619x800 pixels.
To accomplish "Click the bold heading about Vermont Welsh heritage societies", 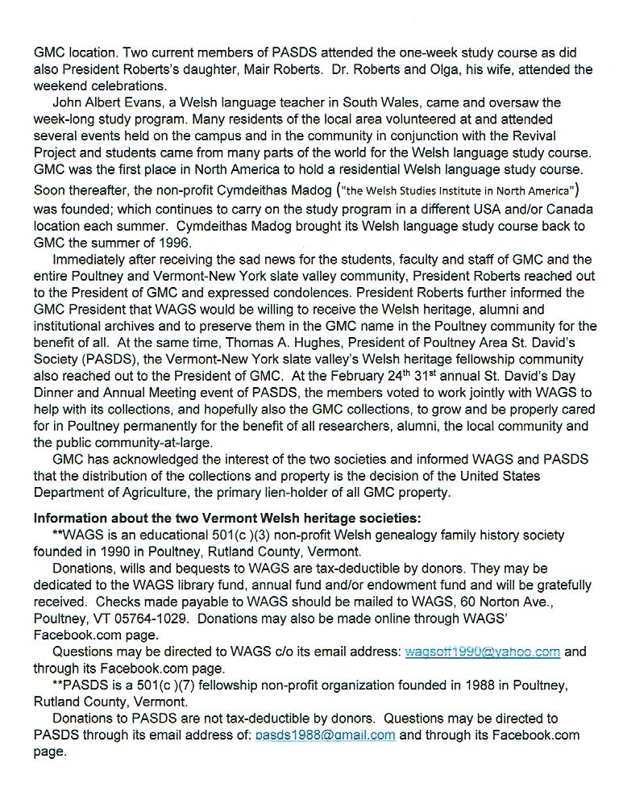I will (x=226, y=518).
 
